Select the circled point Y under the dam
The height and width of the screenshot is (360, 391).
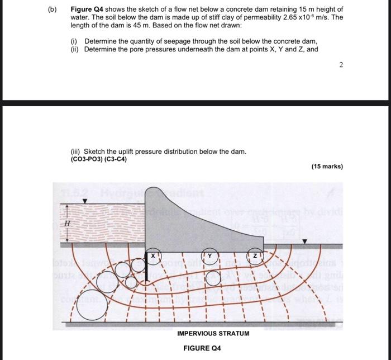(210, 255)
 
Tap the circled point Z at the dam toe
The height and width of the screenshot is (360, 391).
(255, 255)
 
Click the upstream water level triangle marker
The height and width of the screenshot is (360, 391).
(84, 201)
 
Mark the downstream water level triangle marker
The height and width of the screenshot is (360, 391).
(304, 241)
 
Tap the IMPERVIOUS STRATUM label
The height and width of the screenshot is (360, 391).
(213, 333)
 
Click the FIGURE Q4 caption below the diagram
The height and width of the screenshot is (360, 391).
(202, 348)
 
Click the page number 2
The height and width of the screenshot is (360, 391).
(341, 65)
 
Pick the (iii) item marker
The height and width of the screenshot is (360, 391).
(75, 151)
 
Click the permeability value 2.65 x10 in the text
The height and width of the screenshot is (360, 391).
(278, 18)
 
